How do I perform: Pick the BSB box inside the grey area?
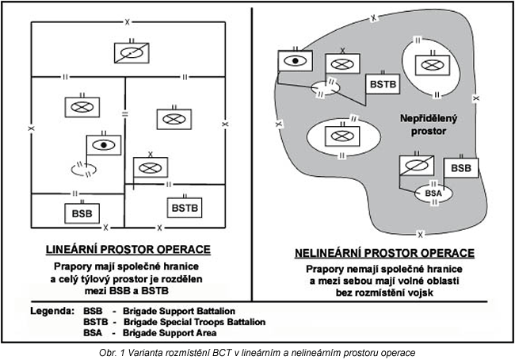coord(461,167)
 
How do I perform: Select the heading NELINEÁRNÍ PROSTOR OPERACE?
coord(383,253)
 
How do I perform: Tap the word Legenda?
coord(53,311)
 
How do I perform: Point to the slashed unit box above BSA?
coord(419,167)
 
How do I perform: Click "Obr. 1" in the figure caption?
coord(116,350)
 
